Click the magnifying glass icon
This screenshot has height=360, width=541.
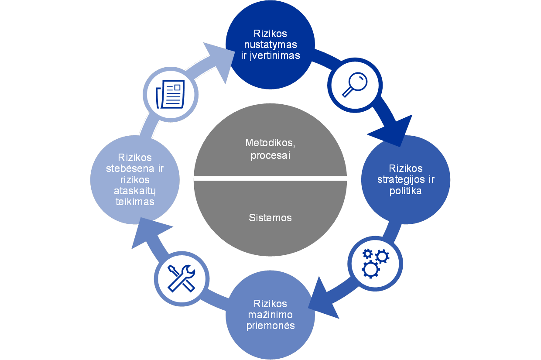(x=354, y=84)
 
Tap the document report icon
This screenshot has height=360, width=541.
(x=170, y=94)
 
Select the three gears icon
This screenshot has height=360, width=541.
(x=375, y=263)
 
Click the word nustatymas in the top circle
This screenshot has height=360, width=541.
(x=270, y=45)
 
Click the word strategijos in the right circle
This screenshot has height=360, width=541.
(x=406, y=179)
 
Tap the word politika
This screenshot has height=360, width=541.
(x=406, y=191)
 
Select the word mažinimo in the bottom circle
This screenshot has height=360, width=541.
(x=270, y=315)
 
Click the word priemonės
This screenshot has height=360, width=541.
(x=270, y=326)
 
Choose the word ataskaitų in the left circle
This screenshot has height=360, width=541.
(x=135, y=191)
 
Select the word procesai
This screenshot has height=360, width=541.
(x=270, y=155)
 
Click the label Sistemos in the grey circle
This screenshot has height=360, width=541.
(x=270, y=218)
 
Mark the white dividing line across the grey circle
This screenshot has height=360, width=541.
(x=270, y=178)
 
